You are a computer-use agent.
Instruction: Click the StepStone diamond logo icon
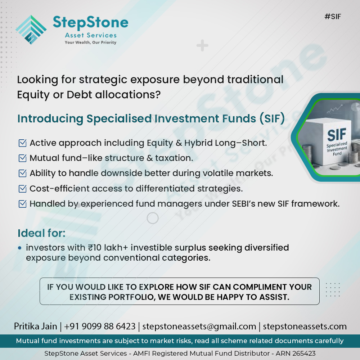31,30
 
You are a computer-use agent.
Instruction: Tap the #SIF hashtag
332,17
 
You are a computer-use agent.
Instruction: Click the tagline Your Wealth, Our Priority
90,42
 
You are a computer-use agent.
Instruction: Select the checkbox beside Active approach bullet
22,143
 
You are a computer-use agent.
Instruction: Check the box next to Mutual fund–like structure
22,158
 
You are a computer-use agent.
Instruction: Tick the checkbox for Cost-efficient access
22,189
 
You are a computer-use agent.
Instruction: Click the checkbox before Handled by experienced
22,204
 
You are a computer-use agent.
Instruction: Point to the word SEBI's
244,204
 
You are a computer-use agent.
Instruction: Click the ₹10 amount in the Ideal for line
95,248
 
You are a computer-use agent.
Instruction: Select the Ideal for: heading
41,233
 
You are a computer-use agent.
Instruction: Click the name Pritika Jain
35,327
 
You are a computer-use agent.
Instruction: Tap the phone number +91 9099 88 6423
100,327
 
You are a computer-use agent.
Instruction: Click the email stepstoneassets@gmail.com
199,327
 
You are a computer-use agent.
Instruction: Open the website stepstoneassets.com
305,327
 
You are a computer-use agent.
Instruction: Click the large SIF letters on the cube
337,135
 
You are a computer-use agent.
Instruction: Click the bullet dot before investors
19,248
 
